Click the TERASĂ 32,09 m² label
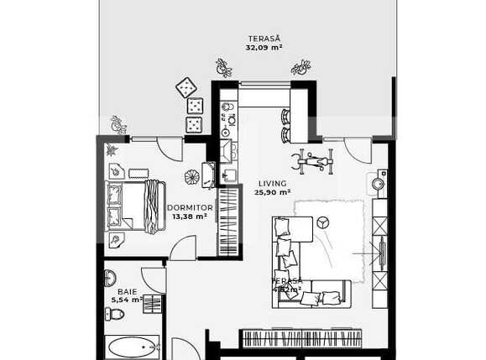[x=264, y=43]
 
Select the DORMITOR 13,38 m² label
[x=190, y=211]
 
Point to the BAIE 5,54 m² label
[x=126, y=295]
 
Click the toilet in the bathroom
[x=116, y=314]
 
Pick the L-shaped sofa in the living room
[x=306, y=260]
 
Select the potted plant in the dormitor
[x=192, y=177]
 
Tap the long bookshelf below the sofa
[x=301, y=338]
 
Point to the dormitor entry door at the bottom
[x=183, y=248]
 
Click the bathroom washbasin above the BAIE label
[x=111, y=278]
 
